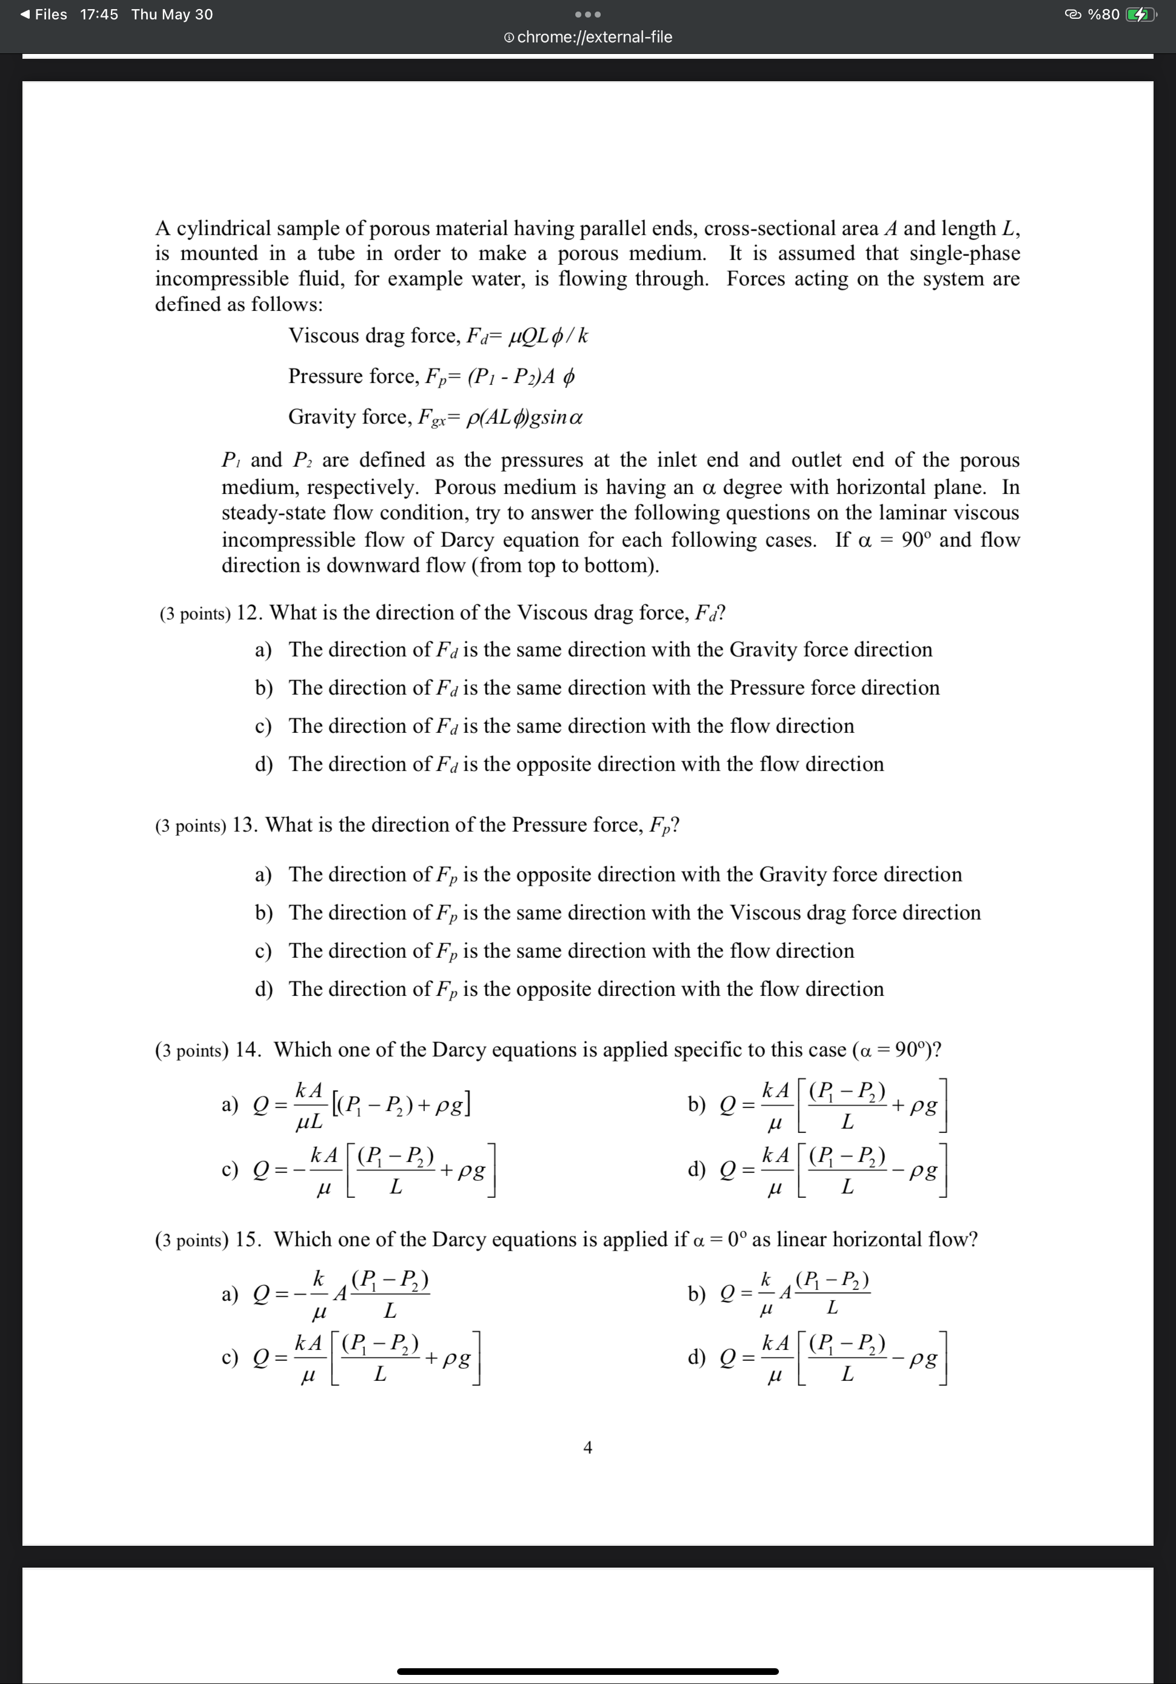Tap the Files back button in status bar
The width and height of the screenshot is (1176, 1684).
click(44, 15)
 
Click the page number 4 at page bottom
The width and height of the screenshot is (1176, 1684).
click(587, 1447)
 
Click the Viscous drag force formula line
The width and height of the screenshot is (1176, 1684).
click(438, 336)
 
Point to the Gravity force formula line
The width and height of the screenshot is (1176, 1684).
click(436, 417)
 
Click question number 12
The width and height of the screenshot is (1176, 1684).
click(249, 612)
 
